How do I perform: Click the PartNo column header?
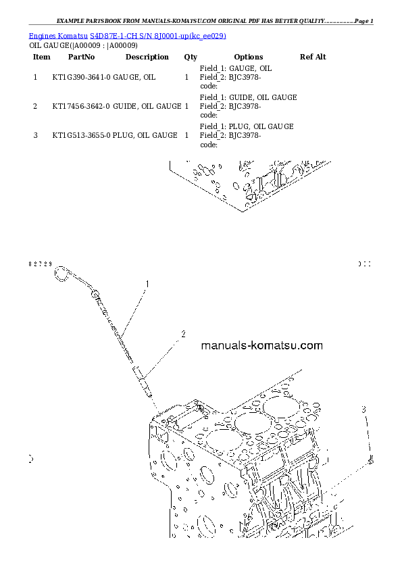pos(81,57)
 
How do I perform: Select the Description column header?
pos(147,57)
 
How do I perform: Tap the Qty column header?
pos(190,57)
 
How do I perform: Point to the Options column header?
pos(248,57)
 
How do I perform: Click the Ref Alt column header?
pos(312,57)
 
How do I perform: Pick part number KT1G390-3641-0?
pos(81,78)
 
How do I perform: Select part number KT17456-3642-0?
pos(81,107)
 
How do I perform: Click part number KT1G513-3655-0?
pos(81,136)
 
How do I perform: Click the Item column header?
pos(41,57)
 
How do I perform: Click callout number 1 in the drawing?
pos(146,285)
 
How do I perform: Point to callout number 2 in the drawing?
pos(182,334)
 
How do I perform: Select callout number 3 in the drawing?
pos(363,410)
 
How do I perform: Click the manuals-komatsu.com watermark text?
pos(262,346)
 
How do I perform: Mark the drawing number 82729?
pos(40,264)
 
